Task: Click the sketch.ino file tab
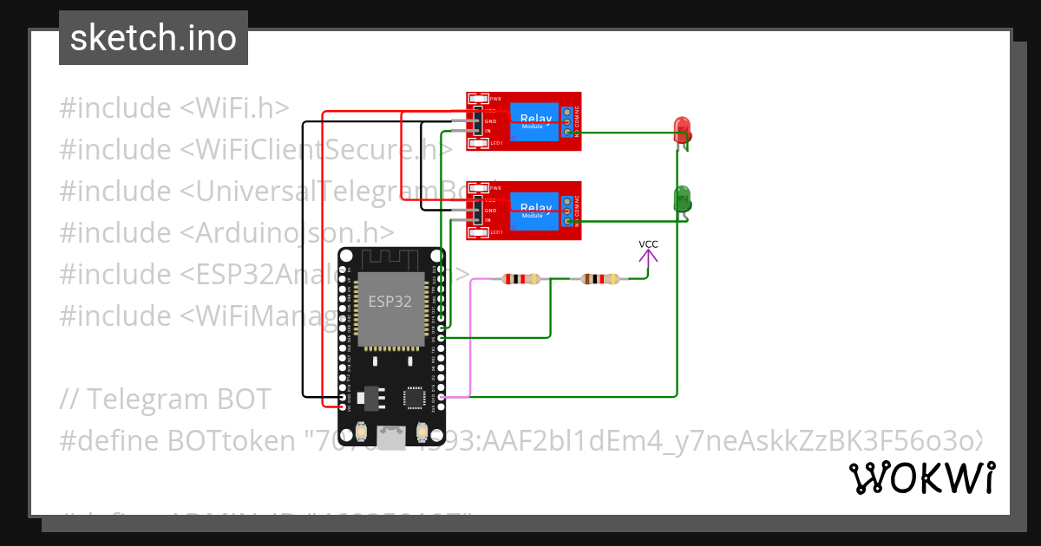(154, 38)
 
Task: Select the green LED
(682, 198)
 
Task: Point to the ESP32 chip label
(390, 302)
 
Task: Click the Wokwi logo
(921, 478)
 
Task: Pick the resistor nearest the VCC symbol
(600, 279)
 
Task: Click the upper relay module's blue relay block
(535, 120)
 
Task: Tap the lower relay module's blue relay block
(535, 210)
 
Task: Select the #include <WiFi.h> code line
(173, 108)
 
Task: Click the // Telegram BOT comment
(166, 400)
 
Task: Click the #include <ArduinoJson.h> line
(226, 233)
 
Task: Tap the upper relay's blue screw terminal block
(567, 121)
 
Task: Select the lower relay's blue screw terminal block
(567, 211)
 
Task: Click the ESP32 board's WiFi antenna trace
(390, 258)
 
